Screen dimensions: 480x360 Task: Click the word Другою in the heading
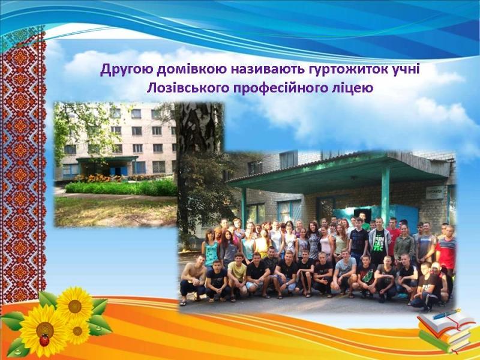click(x=127, y=70)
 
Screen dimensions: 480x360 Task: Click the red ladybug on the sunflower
click(x=44, y=340)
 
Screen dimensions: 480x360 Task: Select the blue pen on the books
click(x=447, y=314)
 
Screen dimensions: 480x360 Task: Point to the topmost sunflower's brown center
click(x=74, y=306)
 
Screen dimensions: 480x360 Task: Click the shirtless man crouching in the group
click(x=192, y=279)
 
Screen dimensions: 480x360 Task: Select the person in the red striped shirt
click(x=446, y=250)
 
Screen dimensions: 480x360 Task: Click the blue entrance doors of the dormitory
click(x=118, y=171)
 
